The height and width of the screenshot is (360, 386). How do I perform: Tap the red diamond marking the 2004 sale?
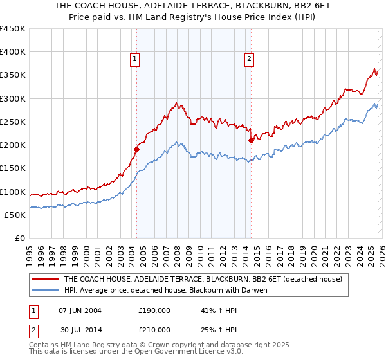(136, 149)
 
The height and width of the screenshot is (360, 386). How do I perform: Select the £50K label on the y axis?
(15, 215)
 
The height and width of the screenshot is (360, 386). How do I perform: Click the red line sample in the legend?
(45, 279)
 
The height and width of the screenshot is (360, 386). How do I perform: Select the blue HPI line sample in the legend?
(45, 289)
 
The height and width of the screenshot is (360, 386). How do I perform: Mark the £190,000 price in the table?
(154, 310)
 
